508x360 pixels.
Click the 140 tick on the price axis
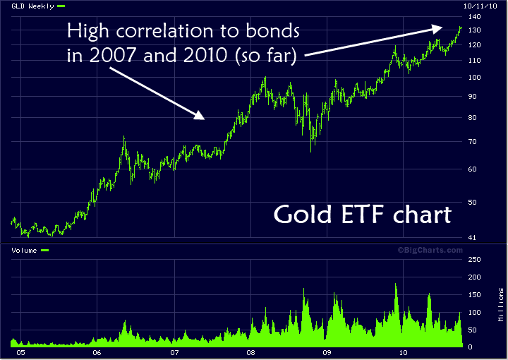(473, 16)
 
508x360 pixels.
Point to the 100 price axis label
(473, 78)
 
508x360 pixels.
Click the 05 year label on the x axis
(20, 351)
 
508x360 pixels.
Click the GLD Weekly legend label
(28, 6)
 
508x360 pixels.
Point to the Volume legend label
(23, 250)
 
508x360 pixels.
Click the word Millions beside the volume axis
(500, 304)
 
